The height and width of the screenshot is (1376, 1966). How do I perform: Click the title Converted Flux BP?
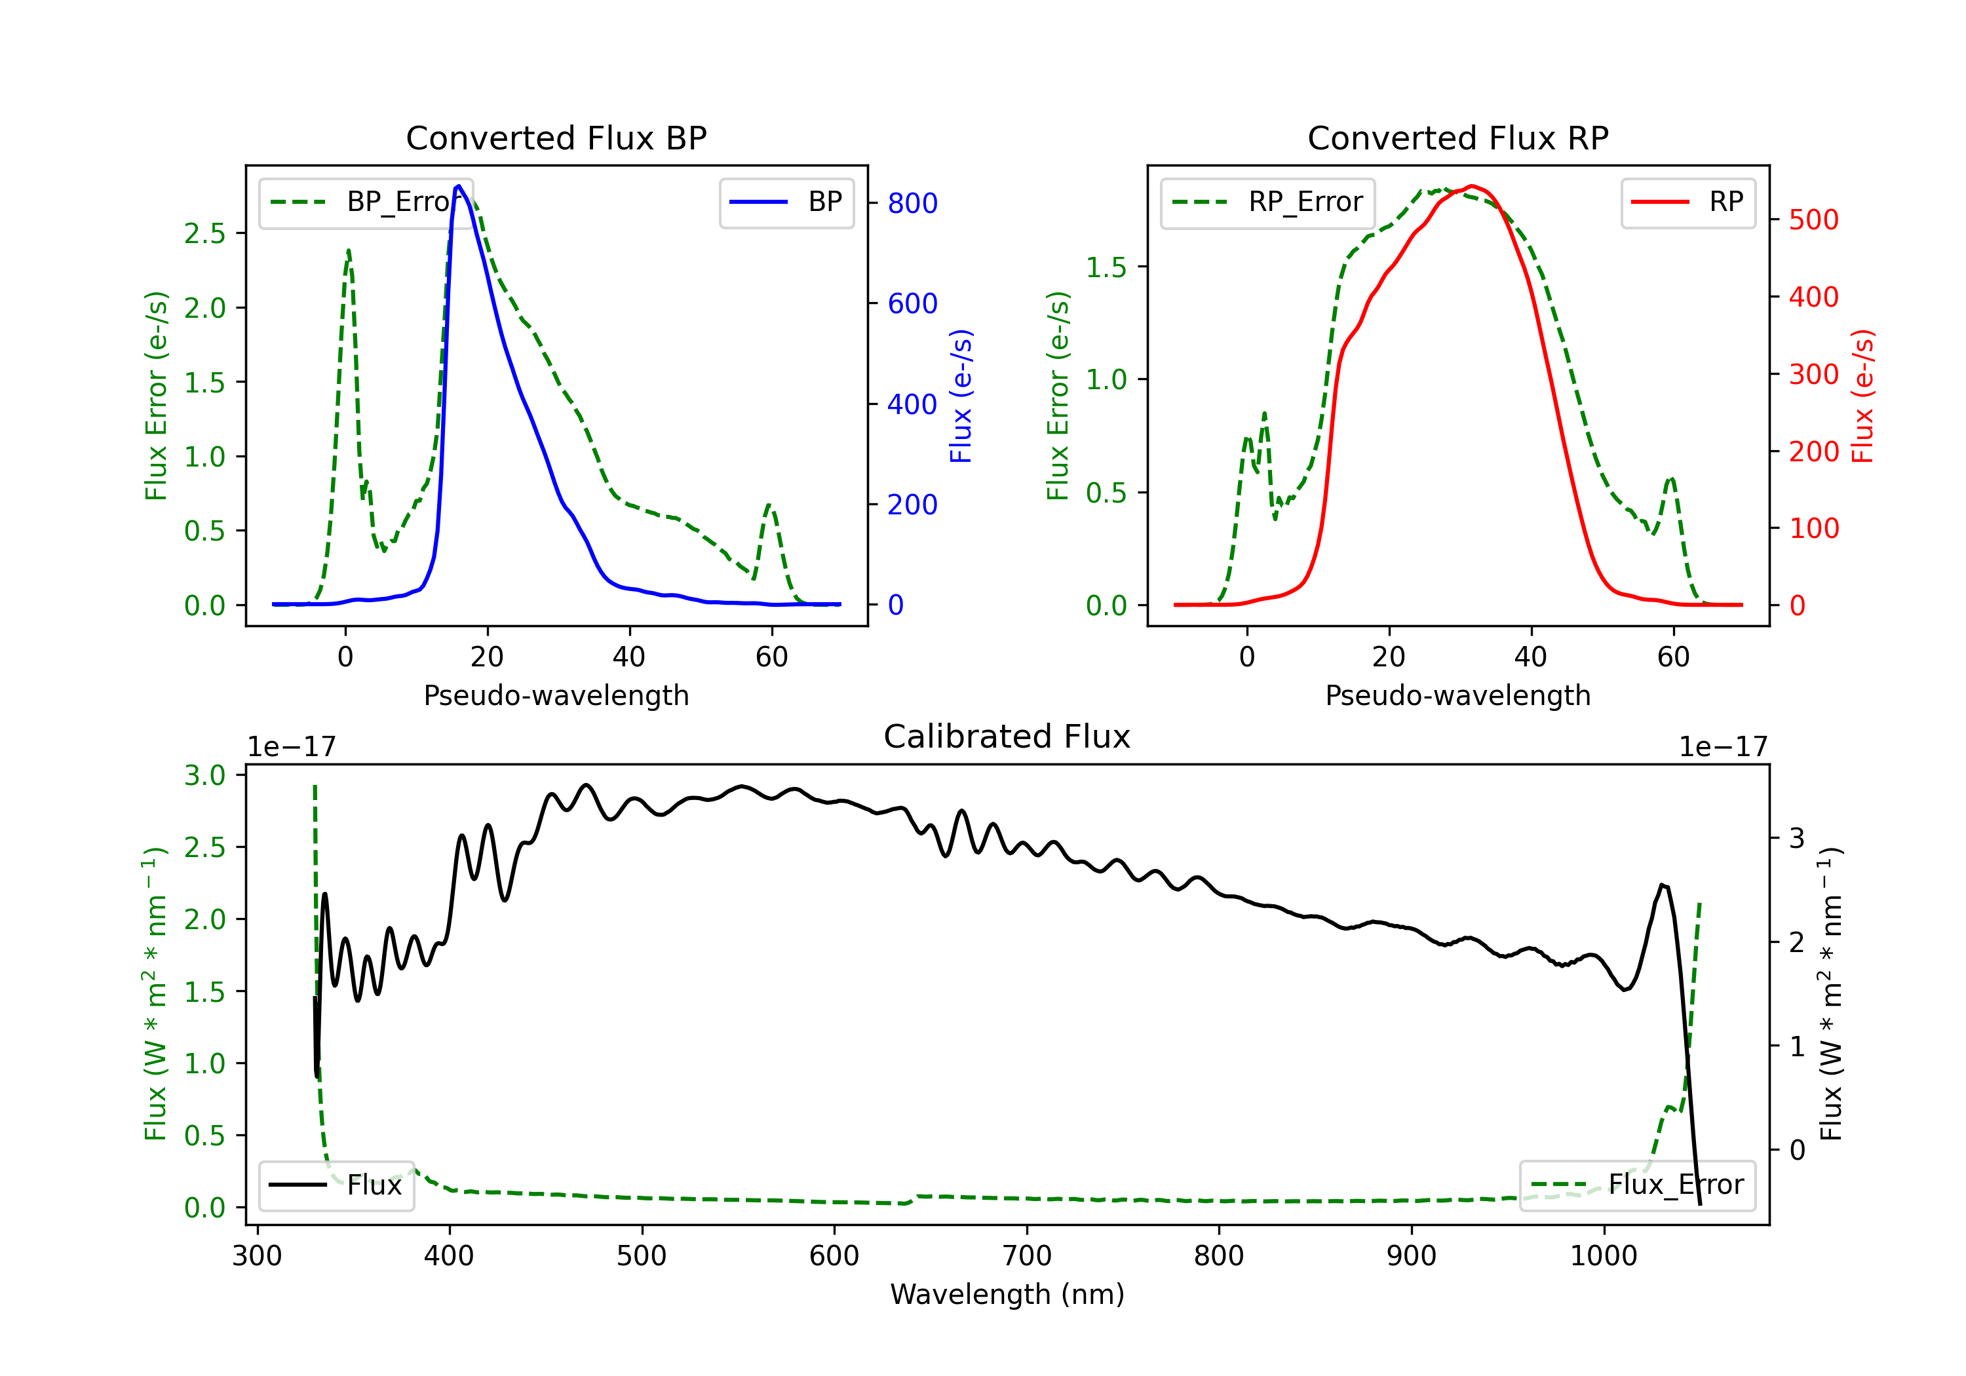(556, 138)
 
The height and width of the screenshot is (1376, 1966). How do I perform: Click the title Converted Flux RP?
(1457, 138)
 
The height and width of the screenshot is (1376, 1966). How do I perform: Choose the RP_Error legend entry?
(1268, 202)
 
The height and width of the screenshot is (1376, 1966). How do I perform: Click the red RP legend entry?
(1689, 202)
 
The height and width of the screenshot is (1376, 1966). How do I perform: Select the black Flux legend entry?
(337, 1185)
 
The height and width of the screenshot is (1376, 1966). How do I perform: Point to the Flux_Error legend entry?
(1637, 1185)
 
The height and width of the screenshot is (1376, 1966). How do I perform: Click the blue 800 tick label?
(912, 203)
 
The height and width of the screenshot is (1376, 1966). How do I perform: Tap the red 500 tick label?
(1813, 220)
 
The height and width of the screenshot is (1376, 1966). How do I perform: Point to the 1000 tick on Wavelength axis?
(1603, 1256)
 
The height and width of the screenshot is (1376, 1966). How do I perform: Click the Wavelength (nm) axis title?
(1007, 1294)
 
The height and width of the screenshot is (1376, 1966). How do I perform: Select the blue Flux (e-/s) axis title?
(961, 396)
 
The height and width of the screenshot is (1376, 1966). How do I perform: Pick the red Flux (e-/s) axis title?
(1862, 396)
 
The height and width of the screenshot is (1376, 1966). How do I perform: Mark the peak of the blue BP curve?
(459, 186)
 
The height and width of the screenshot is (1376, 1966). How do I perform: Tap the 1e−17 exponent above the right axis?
(1723, 748)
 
